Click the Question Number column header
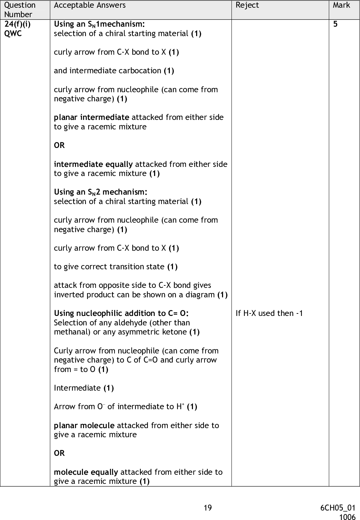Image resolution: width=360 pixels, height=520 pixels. point(20,10)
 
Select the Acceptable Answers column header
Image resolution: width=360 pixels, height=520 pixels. point(90,5)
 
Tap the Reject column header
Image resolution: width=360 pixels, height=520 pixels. point(247,5)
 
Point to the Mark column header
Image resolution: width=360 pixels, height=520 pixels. point(341,5)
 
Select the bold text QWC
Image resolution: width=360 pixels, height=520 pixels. point(13,34)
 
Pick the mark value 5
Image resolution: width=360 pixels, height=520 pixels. point(335,24)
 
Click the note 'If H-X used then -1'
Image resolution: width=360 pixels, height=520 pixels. point(269,313)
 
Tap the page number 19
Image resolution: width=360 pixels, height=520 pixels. point(208,508)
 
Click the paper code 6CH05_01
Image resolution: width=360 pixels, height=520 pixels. point(338,508)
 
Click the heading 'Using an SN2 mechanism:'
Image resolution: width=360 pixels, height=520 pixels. point(101,192)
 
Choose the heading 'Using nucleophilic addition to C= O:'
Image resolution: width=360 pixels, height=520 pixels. point(122,313)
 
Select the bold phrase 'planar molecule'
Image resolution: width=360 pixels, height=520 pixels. point(84,426)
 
